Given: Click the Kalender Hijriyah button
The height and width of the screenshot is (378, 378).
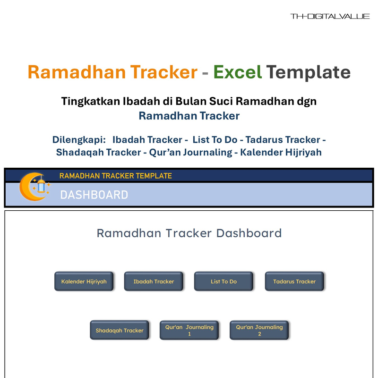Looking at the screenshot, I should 84,282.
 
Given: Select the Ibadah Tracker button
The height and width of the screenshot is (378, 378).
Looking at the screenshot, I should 154,282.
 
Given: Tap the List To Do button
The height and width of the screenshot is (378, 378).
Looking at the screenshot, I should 223,282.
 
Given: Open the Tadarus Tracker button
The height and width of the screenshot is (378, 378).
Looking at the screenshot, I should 294,282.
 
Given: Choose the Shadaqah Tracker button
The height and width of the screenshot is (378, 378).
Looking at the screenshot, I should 120,330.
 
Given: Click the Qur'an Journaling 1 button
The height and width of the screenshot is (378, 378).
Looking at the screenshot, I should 189,330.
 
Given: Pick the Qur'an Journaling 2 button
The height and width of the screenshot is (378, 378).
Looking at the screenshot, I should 259,330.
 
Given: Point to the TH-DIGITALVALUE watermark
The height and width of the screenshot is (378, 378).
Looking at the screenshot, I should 330,17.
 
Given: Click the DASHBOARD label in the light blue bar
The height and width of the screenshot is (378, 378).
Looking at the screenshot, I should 94,195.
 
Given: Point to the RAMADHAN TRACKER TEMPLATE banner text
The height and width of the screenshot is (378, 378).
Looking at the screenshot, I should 115,176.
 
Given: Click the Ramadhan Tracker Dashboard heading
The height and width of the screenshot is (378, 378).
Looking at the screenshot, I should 189,233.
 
